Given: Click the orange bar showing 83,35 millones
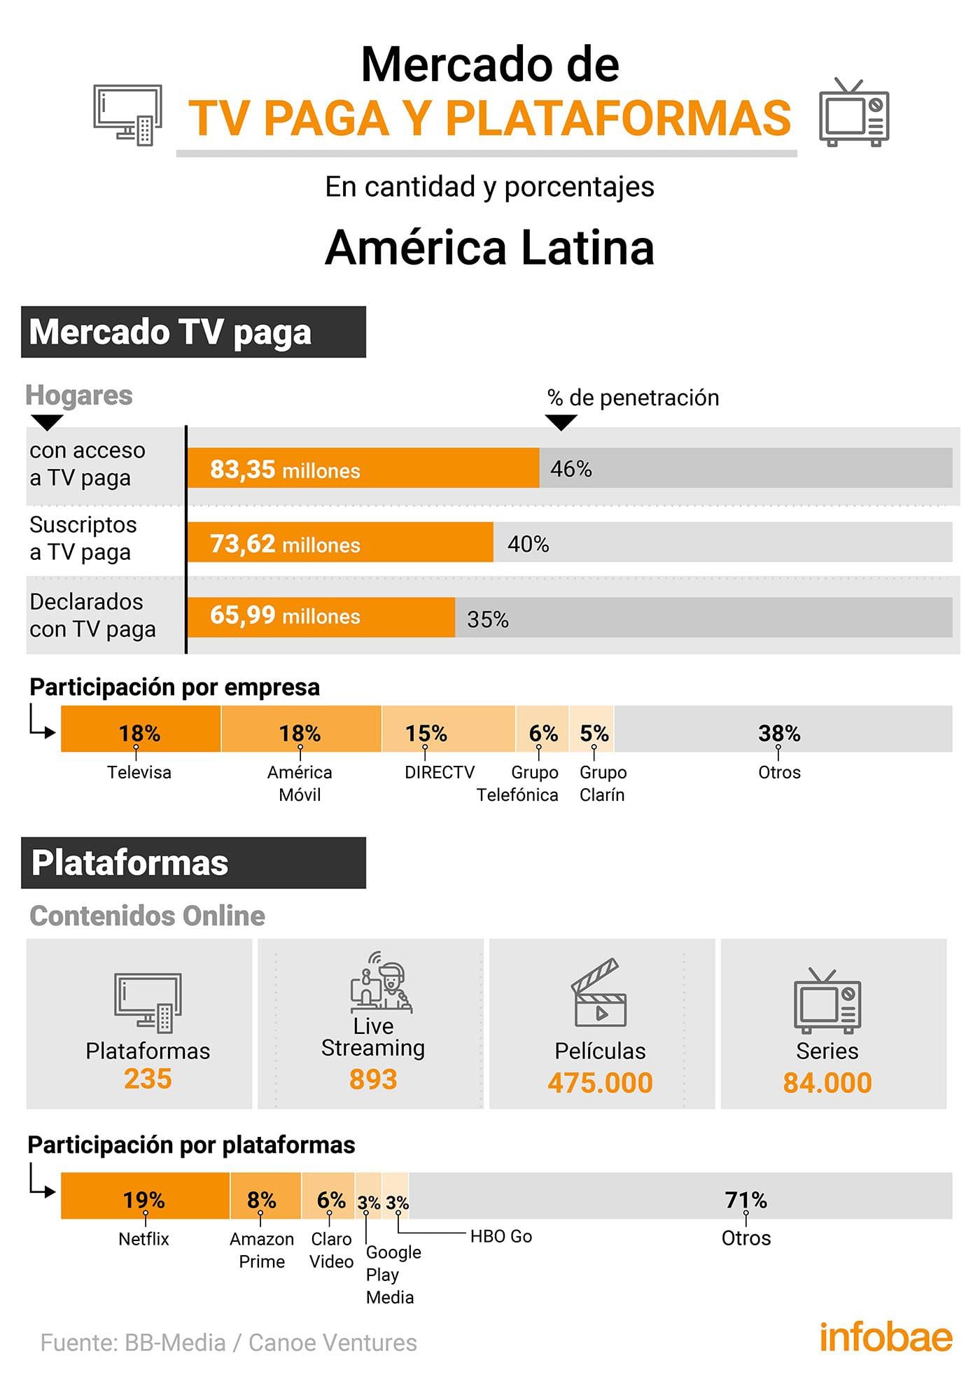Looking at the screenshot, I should click(363, 468).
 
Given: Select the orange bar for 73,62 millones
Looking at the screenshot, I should click(340, 542).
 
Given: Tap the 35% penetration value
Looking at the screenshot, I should click(488, 619).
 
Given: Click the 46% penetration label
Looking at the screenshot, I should click(571, 469).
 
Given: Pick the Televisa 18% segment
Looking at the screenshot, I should click(141, 729).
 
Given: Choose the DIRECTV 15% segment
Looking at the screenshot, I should click(448, 729).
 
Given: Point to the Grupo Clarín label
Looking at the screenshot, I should click(603, 783).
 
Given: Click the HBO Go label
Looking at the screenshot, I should click(501, 1236).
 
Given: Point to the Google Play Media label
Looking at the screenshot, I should click(392, 1274).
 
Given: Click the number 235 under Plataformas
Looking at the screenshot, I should click(148, 1079).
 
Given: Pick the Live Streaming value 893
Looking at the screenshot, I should click(373, 1079).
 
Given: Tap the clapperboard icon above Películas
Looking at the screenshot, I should click(599, 993).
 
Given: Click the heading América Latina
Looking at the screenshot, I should click(490, 248).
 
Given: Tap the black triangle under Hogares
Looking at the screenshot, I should click(48, 421).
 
